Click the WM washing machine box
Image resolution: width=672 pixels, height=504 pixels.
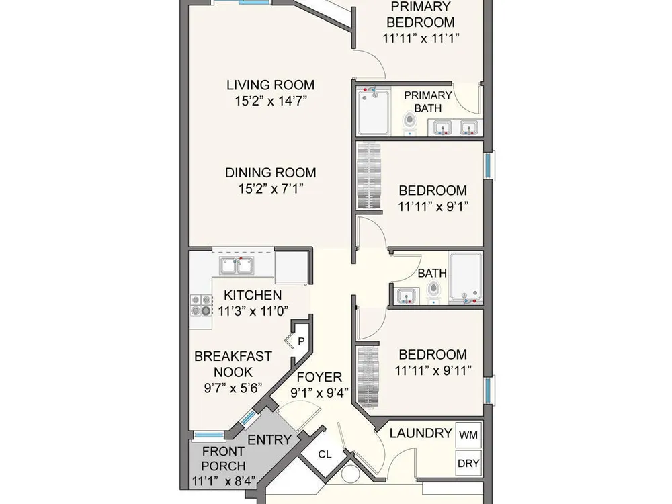468,435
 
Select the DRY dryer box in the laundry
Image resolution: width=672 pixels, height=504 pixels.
468,463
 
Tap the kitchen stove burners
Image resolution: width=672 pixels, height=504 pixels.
202,305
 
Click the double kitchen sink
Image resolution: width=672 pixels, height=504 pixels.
236,265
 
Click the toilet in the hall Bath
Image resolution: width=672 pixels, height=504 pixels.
434,290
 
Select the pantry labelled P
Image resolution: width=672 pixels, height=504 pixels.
301,341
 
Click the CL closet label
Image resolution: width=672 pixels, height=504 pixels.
325,454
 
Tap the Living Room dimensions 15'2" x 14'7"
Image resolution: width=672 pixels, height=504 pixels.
271,101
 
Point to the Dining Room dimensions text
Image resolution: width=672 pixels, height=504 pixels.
271,188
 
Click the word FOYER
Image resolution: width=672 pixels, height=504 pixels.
319,377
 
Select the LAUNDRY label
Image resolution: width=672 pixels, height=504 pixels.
421,433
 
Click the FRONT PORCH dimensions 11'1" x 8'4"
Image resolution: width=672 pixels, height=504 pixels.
224,481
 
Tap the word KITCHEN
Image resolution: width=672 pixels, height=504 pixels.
253,295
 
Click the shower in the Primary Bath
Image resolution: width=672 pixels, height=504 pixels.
373,112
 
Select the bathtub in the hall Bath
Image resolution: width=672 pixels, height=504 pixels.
466,278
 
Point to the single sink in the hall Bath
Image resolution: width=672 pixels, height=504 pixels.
406,296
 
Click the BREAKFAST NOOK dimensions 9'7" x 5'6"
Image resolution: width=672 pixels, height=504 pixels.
233,388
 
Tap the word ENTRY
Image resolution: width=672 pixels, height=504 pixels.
269,440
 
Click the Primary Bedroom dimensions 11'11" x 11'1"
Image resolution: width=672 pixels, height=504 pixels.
421,38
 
